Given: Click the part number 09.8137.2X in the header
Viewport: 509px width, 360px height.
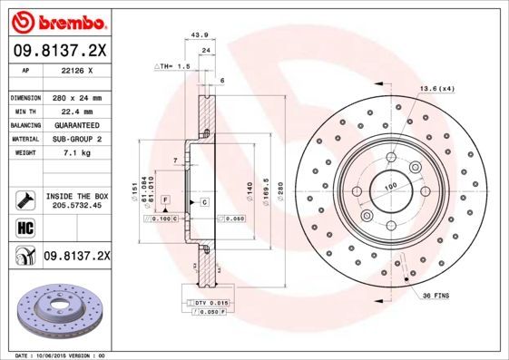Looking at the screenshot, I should [x=58, y=50].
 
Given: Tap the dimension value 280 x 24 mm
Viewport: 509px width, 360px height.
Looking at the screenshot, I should [x=77, y=97].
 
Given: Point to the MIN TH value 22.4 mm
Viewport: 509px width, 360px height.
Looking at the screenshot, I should [x=77, y=111].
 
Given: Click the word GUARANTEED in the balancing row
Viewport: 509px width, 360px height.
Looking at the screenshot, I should [x=77, y=124].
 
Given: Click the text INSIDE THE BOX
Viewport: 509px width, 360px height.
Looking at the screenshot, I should [x=77, y=196].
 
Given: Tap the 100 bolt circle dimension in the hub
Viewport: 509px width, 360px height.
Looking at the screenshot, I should [x=391, y=187].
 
